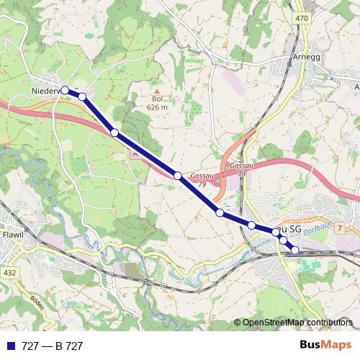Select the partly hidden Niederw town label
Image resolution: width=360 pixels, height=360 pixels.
48,91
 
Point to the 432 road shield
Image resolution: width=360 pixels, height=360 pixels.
9,273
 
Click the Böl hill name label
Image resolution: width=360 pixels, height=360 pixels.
157,99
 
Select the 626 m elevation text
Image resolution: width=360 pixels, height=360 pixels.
157,107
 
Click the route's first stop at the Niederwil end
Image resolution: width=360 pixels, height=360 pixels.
66,90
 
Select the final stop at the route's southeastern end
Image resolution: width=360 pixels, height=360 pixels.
294,250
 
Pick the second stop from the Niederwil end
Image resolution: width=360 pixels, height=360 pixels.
82,96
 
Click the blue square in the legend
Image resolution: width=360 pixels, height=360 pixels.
9,346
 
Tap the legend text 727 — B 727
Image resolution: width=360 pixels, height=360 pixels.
52,346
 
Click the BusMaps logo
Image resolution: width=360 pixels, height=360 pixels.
325,346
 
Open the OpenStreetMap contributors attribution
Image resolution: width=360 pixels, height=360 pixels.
297,323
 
